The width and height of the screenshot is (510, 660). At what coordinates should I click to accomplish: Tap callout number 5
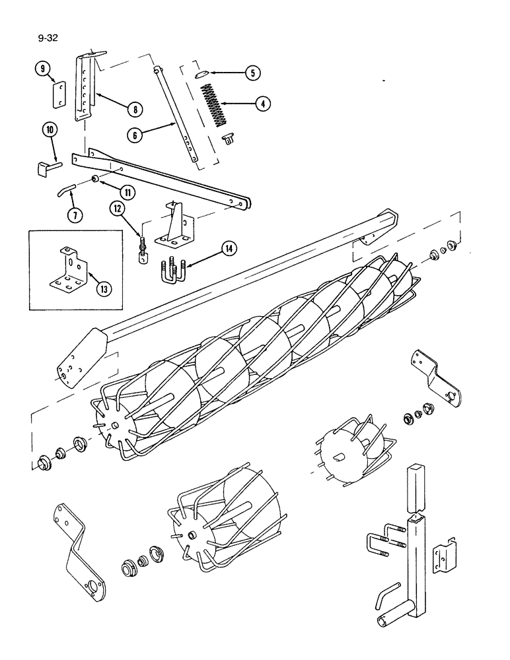pyautogui.click(x=252, y=74)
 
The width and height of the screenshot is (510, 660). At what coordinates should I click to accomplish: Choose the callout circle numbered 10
pyautogui.click(x=50, y=129)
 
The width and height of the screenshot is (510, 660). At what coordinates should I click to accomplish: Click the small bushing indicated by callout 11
pyautogui.click(x=95, y=180)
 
